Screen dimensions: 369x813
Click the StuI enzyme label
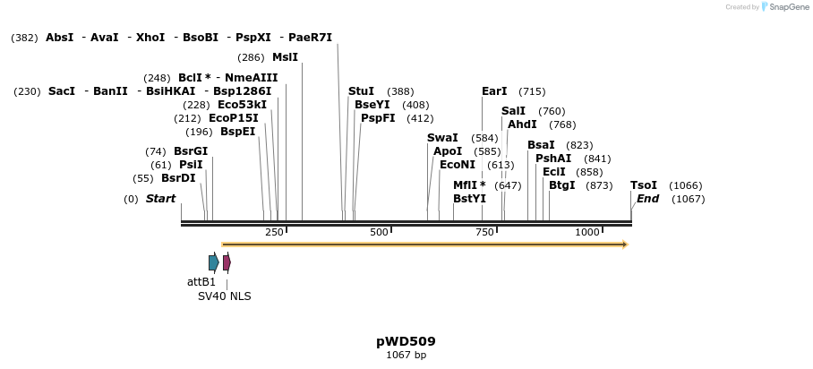click(x=361, y=91)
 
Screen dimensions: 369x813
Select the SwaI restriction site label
click(x=442, y=138)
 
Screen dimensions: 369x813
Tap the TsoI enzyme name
click(x=644, y=185)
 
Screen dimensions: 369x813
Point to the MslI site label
click(x=285, y=57)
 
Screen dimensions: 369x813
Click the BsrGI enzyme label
click(x=191, y=151)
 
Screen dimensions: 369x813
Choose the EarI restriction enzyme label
click(x=494, y=91)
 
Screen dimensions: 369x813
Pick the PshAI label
click(x=553, y=159)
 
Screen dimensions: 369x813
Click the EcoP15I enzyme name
click(x=233, y=118)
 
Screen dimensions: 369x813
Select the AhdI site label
click(x=522, y=124)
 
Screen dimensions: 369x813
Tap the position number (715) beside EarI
click(x=532, y=91)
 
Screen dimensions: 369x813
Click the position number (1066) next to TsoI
click(x=686, y=185)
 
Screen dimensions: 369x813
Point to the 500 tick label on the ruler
click(x=379, y=233)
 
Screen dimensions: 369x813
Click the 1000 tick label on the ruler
click(x=586, y=233)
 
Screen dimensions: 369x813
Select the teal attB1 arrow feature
click(x=214, y=262)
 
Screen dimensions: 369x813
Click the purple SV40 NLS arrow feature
click(x=227, y=262)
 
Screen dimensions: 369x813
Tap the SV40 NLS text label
click(x=225, y=296)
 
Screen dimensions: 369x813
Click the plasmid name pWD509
click(x=406, y=341)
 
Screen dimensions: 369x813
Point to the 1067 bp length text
click(x=406, y=356)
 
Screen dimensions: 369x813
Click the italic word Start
click(x=160, y=199)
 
